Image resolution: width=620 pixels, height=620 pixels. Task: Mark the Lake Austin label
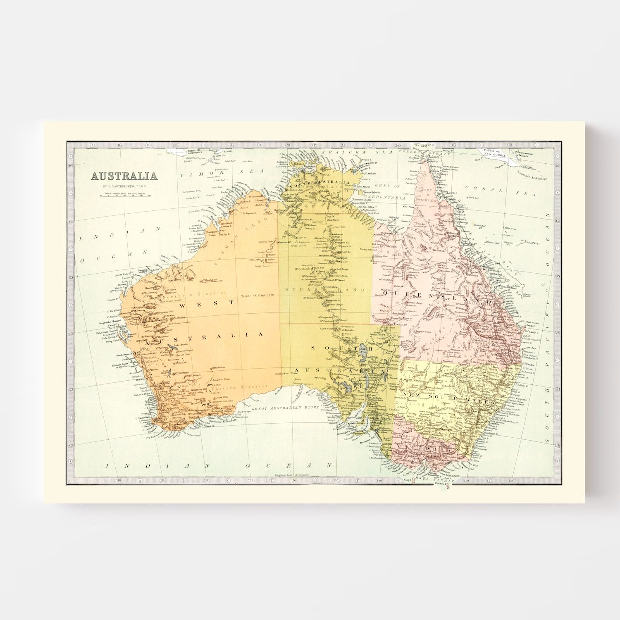tap(180, 345)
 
